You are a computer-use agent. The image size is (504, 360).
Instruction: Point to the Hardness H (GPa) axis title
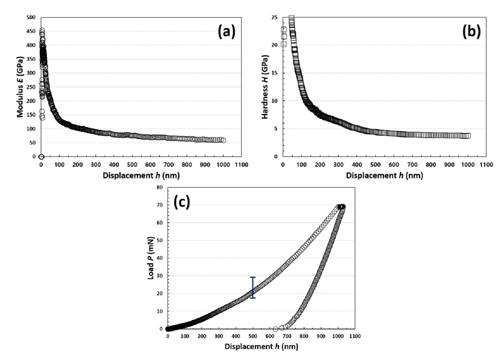pos(265,86)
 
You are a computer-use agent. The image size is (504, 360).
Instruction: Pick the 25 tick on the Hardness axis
pos(275,18)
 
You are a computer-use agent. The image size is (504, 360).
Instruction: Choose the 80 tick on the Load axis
pos(160,188)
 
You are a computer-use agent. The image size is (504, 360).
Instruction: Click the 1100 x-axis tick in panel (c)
pos(354,337)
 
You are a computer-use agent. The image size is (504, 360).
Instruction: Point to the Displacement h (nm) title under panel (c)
pos(261,347)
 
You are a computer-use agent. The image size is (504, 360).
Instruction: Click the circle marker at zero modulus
pos(41,157)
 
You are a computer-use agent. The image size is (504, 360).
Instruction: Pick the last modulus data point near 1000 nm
pos(223,140)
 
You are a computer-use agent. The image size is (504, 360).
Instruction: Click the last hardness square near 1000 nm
pos(468,136)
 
